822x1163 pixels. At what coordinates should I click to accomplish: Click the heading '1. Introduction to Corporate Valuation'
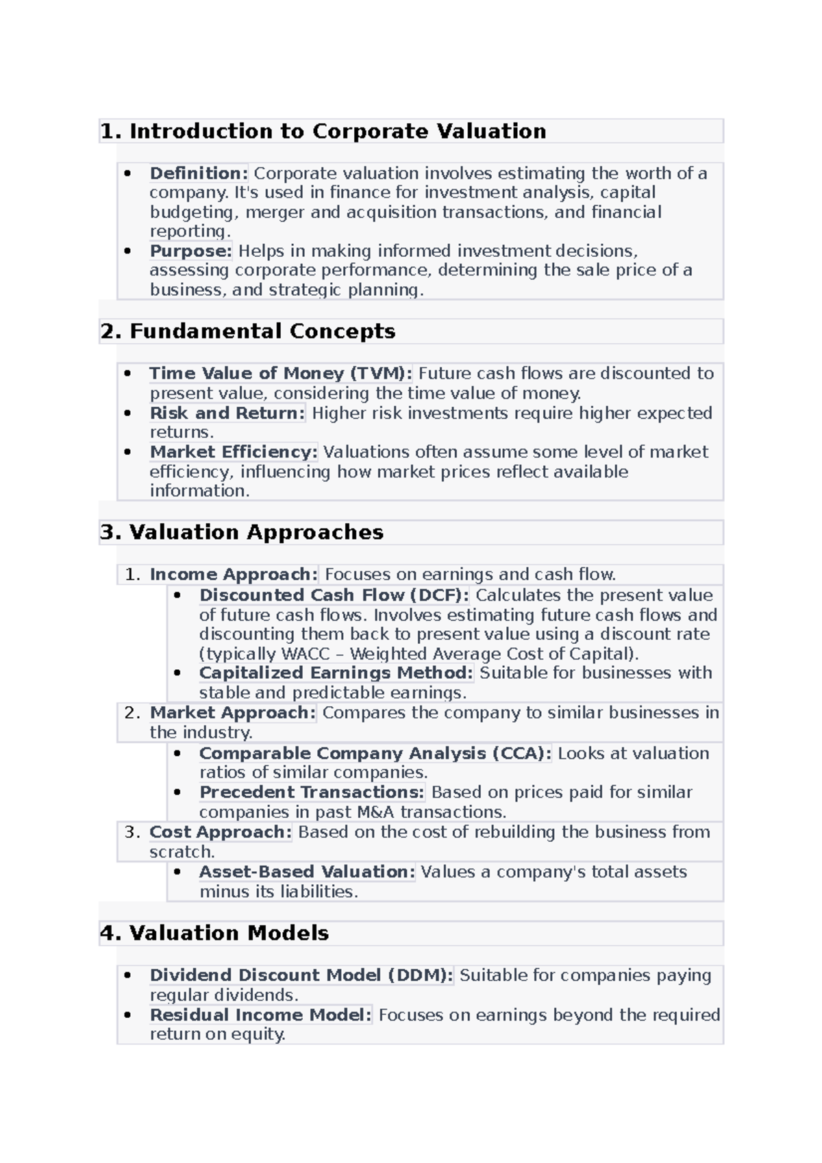(323, 131)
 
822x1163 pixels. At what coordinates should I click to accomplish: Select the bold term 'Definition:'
(199, 173)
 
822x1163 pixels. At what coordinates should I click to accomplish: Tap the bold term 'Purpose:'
(191, 251)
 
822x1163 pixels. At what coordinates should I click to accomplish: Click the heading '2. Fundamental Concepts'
(247, 332)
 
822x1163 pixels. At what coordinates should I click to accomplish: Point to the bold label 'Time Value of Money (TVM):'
(281, 373)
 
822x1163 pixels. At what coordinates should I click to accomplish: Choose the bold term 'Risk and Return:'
(227, 413)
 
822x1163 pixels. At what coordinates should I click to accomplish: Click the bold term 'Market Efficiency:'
(234, 452)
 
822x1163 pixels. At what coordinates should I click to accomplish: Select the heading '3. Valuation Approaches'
(241, 532)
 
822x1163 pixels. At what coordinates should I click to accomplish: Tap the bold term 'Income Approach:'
(234, 574)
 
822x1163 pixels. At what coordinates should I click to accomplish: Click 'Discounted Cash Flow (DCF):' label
(334, 595)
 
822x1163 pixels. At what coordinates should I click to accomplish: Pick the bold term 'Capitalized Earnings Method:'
(336, 673)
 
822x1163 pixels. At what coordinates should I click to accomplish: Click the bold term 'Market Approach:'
(233, 713)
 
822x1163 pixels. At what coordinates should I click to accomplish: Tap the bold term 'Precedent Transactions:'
(312, 792)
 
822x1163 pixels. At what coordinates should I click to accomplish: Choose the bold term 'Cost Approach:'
(221, 832)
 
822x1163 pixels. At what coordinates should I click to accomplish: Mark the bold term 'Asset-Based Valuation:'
(307, 872)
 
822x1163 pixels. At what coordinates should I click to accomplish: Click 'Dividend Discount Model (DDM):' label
(301, 975)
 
